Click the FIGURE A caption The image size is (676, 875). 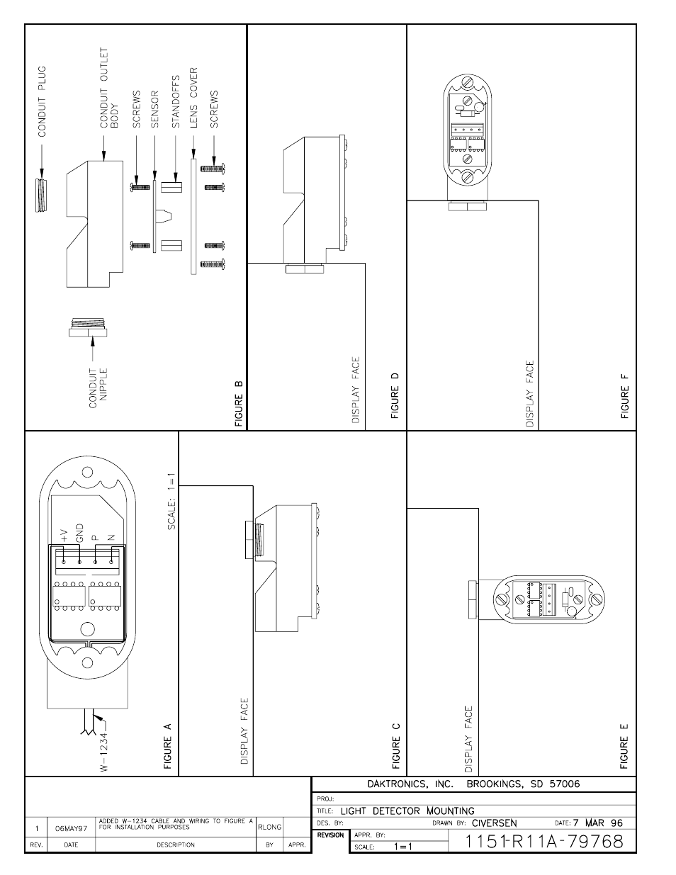click(168, 745)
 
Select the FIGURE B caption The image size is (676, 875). click(239, 404)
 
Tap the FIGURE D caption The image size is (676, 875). click(395, 396)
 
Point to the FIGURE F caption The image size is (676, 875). click(624, 396)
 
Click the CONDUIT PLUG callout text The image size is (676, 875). click(43, 101)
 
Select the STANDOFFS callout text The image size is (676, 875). click(176, 102)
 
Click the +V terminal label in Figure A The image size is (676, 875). click(64, 534)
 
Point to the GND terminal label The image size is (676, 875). click(79, 534)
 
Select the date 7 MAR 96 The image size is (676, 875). click(598, 823)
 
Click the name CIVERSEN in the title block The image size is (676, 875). click(495, 823)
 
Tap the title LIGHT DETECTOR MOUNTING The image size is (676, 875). click(407, 811)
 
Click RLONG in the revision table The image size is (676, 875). click(269, 827)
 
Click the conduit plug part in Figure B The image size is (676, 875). click(41, 195)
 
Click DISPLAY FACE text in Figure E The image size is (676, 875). click(468, 738)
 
